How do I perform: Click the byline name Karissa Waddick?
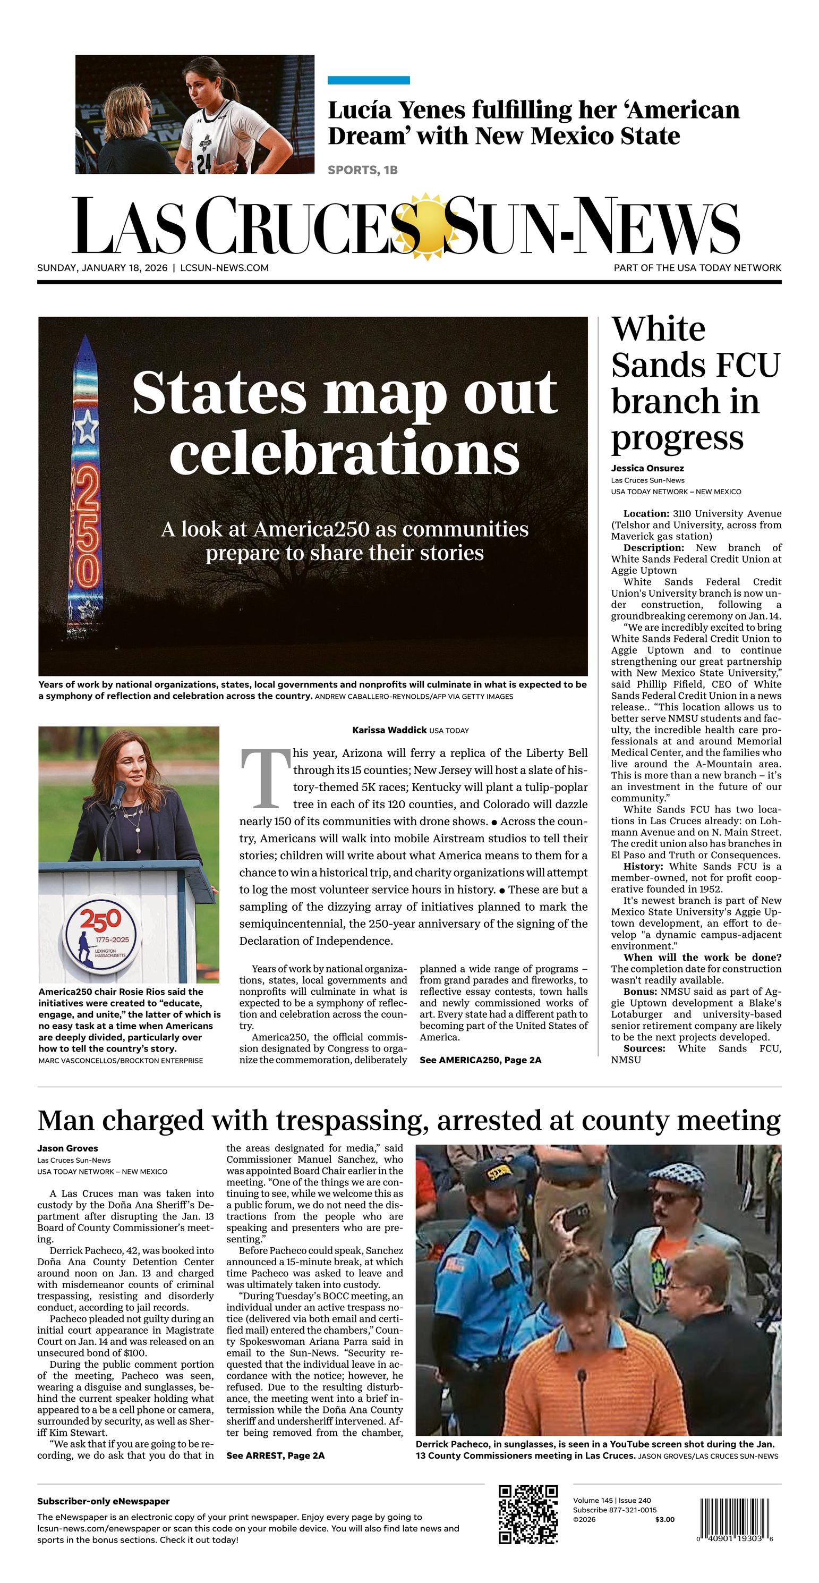(389, 730)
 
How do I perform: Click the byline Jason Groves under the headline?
(67, 1148)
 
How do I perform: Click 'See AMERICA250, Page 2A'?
(481, 1060)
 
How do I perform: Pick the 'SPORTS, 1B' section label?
(363, 170)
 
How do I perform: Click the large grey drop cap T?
(265, 778)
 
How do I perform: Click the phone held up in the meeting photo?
(575, 1216)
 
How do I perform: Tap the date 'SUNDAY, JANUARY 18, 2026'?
(102, 268)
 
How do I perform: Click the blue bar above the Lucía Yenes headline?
(368, 80)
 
